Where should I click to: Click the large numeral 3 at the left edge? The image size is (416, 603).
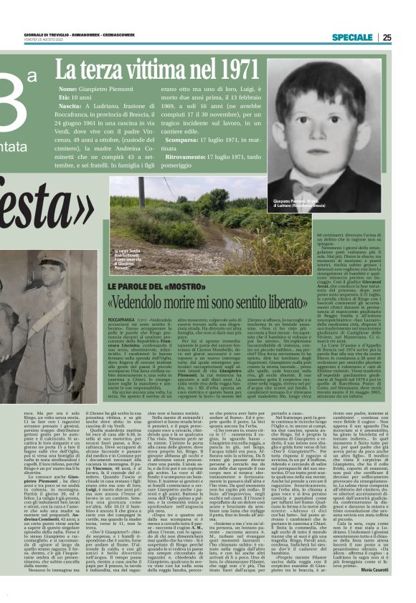pos(22,101)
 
